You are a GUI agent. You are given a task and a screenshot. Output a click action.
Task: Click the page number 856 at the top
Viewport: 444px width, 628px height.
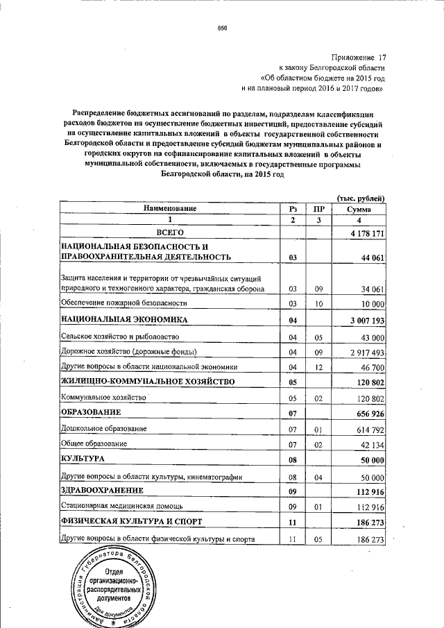pos(223,28)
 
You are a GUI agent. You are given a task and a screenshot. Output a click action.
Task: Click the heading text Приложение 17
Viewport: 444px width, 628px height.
pos(359,58)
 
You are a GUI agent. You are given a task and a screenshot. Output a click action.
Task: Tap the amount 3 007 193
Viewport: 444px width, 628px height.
pos(362,321)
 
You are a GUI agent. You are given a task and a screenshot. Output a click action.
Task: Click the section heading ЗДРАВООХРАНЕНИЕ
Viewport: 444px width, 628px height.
pos(104,490)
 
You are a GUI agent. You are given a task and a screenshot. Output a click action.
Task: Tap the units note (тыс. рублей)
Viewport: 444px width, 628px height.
pos(361,198)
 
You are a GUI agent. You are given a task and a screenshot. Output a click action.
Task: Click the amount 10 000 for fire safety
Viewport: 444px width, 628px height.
pos(368,304)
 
